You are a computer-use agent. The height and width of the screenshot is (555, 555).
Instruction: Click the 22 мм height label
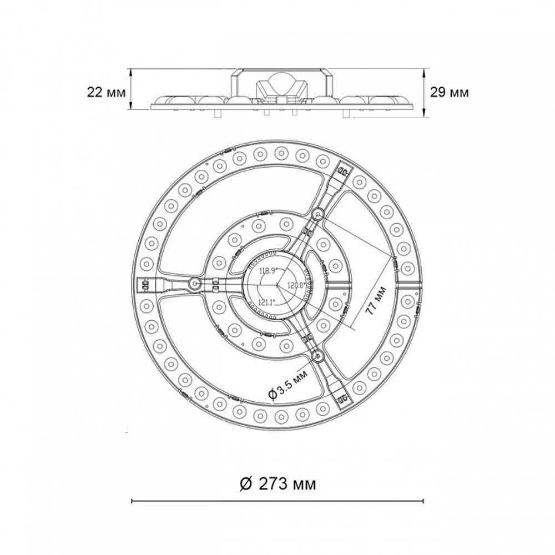click(106, 93)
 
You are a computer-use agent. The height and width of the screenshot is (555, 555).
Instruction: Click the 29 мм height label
click(449, 93)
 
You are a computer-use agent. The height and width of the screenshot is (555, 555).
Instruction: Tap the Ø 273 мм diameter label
click(278, 483)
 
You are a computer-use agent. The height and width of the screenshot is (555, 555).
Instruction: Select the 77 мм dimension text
click(376, 301)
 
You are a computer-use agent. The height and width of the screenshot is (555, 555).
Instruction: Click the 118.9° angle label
click(268, 271)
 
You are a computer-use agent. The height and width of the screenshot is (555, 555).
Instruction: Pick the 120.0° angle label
click(296, 285)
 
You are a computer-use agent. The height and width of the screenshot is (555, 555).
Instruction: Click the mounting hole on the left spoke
click(194, 283)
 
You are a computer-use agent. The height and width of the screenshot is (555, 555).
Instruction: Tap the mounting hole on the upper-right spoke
click(317, 214)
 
